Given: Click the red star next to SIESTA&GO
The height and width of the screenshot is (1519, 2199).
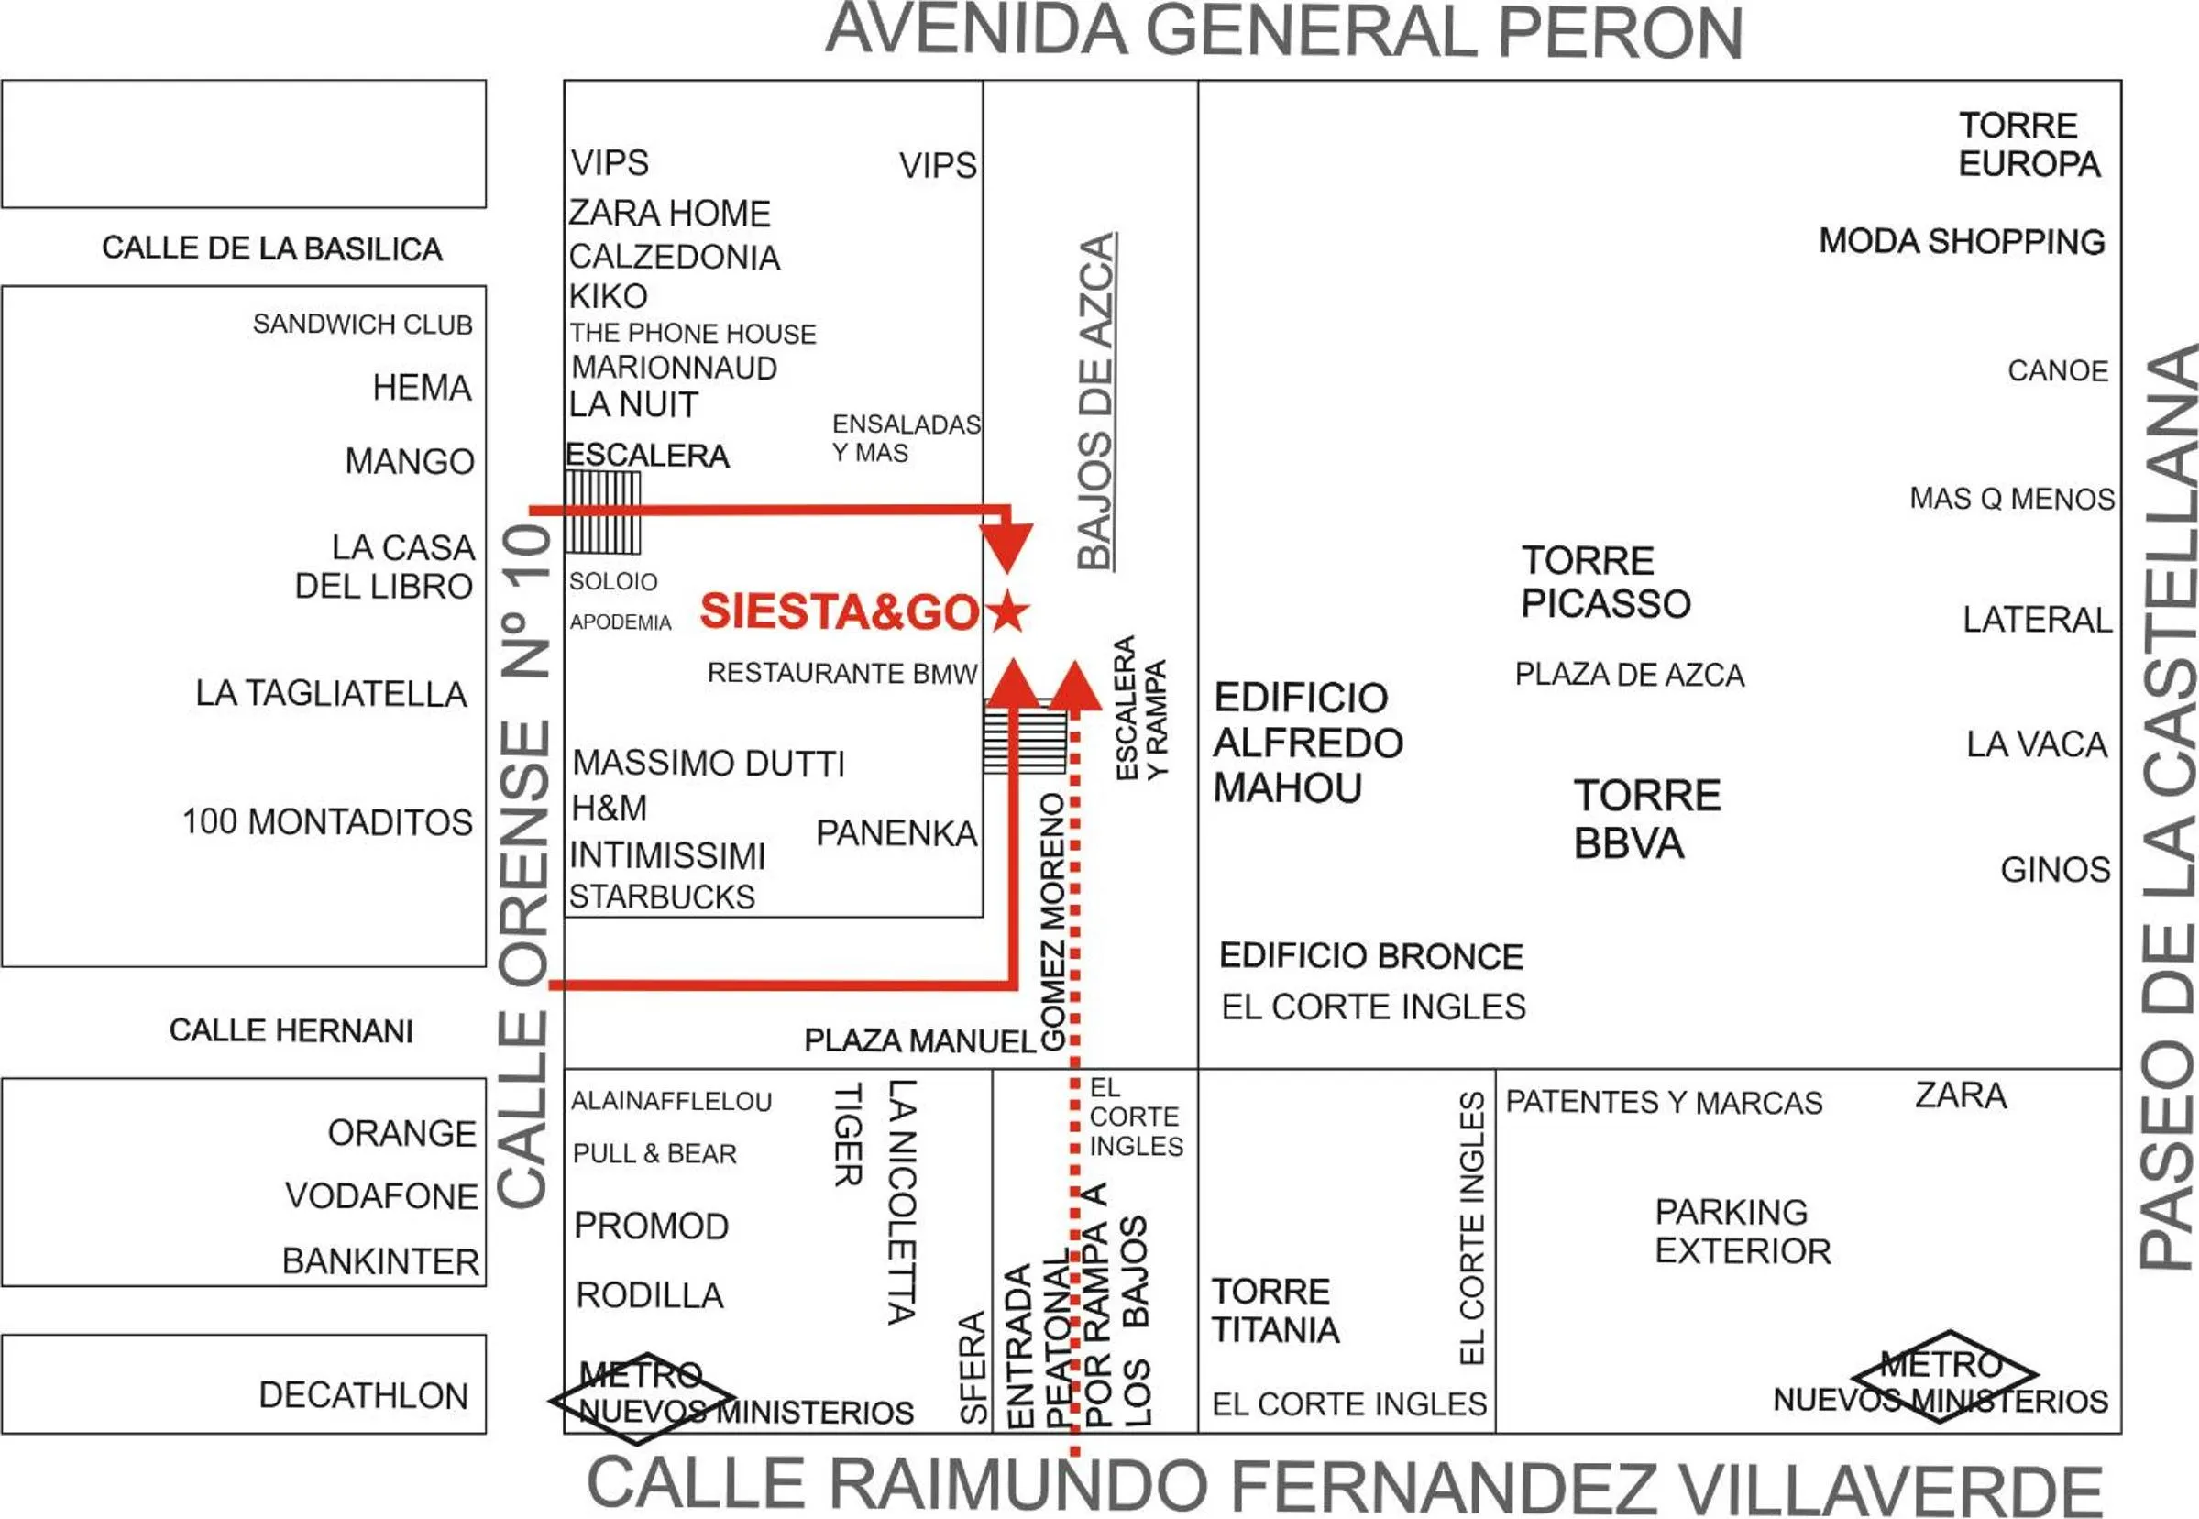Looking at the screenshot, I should point(1006,611).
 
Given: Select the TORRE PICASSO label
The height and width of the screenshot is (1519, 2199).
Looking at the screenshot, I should point(1604,581).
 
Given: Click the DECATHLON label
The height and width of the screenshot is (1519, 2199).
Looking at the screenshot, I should point(364,1395).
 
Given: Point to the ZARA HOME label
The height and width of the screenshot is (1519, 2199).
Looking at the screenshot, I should point(669,214).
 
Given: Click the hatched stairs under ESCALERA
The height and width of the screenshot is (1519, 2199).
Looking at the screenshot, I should point(602,513).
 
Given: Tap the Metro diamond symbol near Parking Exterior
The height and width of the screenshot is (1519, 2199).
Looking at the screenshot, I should point(1943,1376).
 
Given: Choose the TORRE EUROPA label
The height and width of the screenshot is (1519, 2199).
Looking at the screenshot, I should point(2028,145).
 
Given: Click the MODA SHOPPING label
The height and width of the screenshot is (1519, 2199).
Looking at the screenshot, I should point(1961,242).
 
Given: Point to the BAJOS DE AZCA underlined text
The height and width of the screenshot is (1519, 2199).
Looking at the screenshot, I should point(1096,401).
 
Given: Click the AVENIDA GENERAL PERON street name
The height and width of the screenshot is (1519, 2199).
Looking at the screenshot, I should point(1283,32).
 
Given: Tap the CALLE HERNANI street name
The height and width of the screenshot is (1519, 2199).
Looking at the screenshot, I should point(291,1029).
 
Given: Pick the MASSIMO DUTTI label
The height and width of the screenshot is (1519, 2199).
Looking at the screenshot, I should point(708,764).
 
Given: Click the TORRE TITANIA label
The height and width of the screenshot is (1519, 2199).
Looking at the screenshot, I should point(1274,1310).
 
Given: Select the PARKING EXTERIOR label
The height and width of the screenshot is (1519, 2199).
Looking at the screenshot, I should point(1743,1230).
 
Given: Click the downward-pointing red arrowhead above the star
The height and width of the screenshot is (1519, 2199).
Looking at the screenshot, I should point(1006,546).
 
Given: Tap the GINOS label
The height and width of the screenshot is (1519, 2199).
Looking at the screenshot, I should point(2054,870).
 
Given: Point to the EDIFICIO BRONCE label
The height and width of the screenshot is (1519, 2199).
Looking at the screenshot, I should point(1370,955).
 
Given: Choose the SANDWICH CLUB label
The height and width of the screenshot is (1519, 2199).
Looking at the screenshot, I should point(363,325).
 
